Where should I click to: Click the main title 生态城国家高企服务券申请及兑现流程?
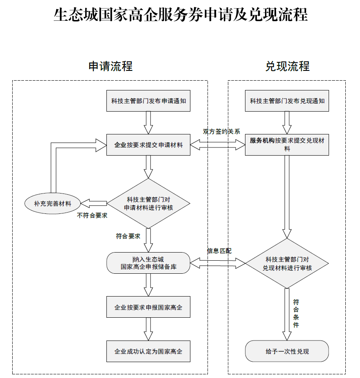coord(180,15)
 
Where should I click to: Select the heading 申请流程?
coord(110,66)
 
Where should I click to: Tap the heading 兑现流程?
coord(287,66)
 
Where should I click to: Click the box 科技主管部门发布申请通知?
coord(148,101)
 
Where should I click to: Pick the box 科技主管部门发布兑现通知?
coord(287,101)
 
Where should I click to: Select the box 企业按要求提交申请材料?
coord(148,145)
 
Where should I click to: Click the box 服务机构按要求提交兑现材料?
coord(287,145)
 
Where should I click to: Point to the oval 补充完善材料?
coord(53,203)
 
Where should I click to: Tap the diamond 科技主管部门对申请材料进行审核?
coord(148,203)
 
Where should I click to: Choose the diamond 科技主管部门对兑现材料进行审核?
coord(287,264)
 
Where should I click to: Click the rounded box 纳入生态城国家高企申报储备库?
coord(148,263)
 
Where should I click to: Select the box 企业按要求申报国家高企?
coord(148,307)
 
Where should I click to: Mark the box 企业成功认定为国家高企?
coord(148,351)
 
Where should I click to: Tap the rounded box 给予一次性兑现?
coord(287,351)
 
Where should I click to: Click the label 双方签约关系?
coord(221,131)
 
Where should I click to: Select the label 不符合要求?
coord(92,215)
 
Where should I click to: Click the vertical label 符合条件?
coord(296,314)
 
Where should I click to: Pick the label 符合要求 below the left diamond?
coord(128,236)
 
